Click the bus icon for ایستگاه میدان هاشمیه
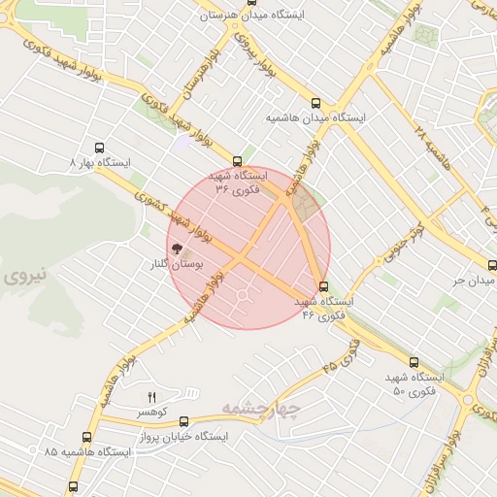point(315,102)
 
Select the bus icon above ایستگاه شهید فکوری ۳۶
point(238,161)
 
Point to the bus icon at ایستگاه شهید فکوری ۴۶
point(324,286)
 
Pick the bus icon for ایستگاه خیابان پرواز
point(183,421)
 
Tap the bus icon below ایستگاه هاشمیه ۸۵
point(75,485)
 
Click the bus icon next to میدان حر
point(490,266)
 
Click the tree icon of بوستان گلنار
point(178,248)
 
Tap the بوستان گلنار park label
point(171,264)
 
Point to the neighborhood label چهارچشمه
point(261,407)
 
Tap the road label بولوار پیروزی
point(260,59)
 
